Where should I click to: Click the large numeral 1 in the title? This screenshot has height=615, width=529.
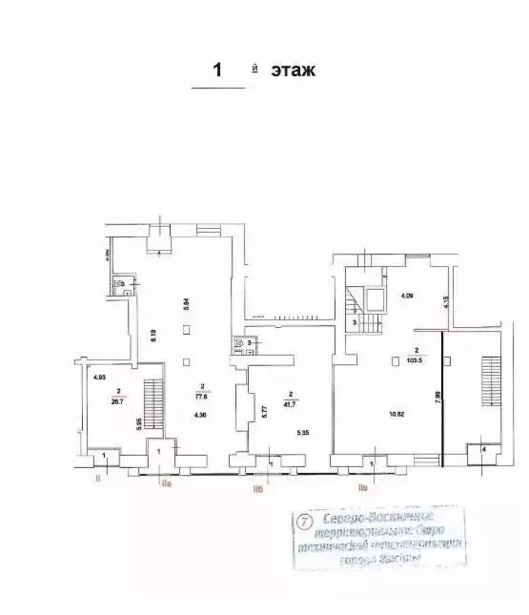[217, 70]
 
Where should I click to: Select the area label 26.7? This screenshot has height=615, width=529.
[117, 400]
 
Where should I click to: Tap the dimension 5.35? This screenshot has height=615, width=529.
[303, 433]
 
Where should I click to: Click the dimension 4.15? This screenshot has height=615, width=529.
[444, 304]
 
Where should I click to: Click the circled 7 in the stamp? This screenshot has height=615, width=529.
[304, 522]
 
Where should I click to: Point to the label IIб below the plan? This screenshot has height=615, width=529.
[257, 489]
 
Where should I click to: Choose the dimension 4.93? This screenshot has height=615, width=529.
[98, 378]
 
